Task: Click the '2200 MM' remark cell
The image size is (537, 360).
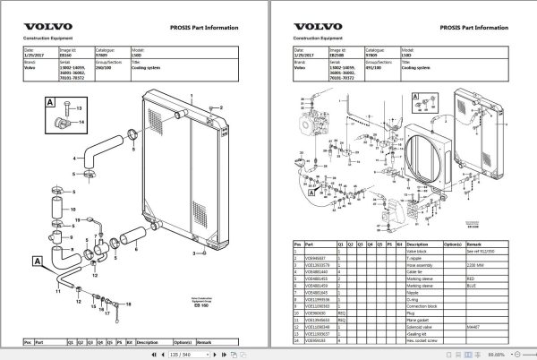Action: [472, 265]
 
